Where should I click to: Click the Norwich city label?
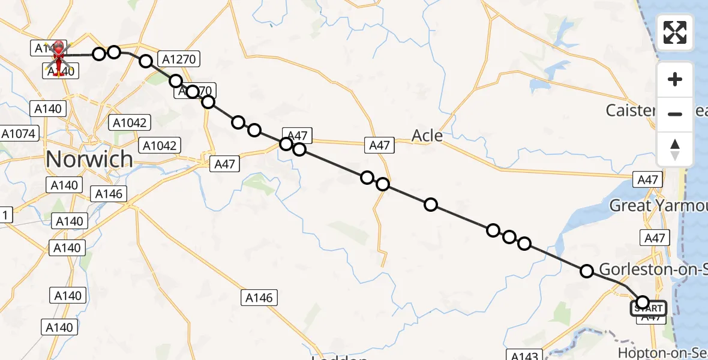pyautogui.click(x=89, y=159)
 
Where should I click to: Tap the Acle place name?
pyautogui.click(x=427, y=136)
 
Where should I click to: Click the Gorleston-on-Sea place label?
pyautogui.click(x=653, y=269)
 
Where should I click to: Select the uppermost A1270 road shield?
pyautogui.click(x=178, y=59)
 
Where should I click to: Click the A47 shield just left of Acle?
pyautogui.click(x=379, y=145)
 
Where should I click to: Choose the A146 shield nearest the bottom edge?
pyautogui.click(x=259, y=297)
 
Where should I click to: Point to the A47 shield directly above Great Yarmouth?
pyautogui.click(x=648, y=179)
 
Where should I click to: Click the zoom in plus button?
pyautogui.click(x=675, y=79)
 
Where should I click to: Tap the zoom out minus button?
pyautogui.click(x=675, y=114)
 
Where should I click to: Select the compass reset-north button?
pyautogui.click(x=675, y=149)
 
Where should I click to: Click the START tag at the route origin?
pyautogui.click(x=648, y=309)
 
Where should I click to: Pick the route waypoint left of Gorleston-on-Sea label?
pyautogui.click(x=587, y=271)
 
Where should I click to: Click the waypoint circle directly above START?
pyautogui.click(x=643, y=302)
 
